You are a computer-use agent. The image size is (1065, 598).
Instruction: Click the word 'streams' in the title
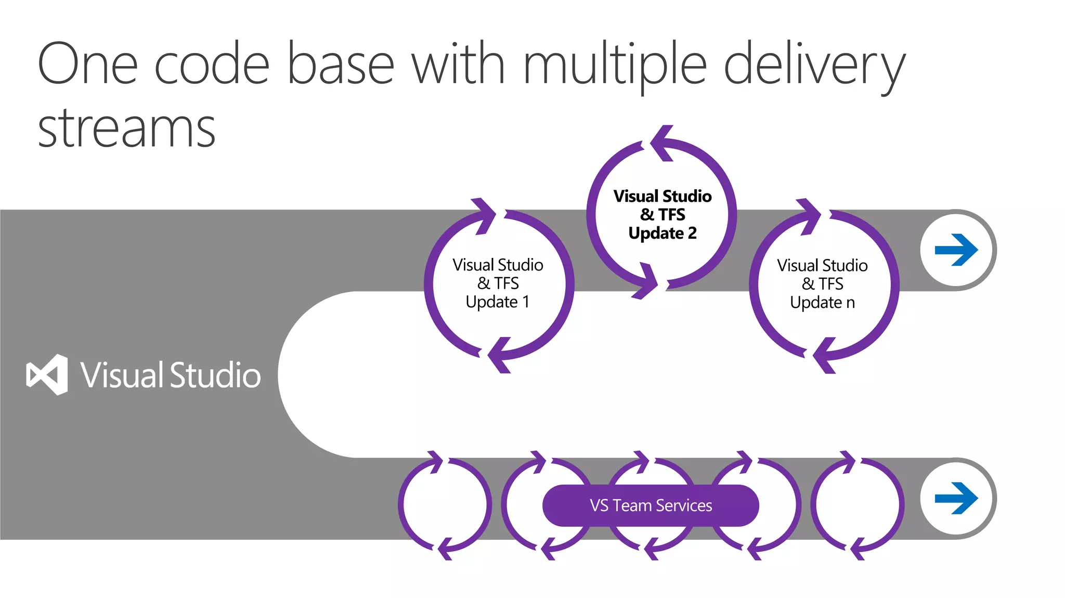(126, 128)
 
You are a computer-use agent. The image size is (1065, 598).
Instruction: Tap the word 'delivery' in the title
(814, 65)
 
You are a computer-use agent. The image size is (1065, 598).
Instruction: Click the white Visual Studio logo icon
(47, 374)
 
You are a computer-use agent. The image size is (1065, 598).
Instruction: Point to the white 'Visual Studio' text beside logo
(170, 375)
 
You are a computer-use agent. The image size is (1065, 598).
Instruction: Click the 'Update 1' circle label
(498, 302)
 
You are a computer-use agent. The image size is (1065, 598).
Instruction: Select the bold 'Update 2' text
(662, 233)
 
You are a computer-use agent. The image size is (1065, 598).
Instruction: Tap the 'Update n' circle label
(822, 302)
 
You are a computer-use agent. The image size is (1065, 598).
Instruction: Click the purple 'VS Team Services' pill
(651, 505)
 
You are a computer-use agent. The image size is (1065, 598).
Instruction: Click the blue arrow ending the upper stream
(956, 250)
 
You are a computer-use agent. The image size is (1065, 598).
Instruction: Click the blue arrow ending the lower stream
(956, 498)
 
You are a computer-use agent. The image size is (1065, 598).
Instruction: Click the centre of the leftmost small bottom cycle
(445, 504)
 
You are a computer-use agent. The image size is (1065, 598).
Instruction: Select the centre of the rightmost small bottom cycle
(858, 504)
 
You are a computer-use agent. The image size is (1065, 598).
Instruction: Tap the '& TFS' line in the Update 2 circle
(662, 214)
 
